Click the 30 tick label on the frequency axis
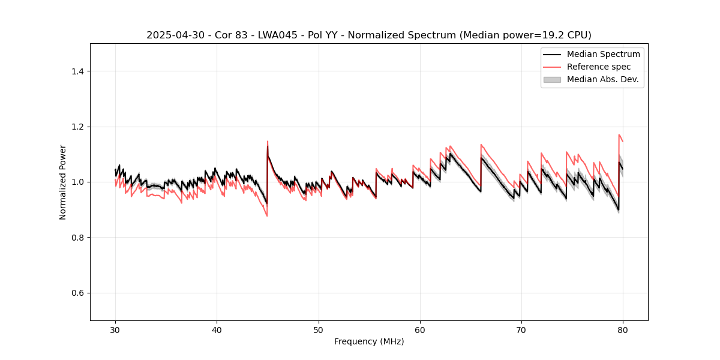(x=115, y=330)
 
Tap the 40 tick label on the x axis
(x=217, y=330)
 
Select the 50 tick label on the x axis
(x=318, y=330)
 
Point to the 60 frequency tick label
(x=420, y=330)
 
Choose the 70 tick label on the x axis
(x=521, y=330)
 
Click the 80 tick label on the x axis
(x=623, y=330)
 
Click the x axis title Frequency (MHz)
(x=369, y=341)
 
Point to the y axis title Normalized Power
(x=63, y=182)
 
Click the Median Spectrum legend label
(x=603, y=54)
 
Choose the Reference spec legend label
(x=599, y=67)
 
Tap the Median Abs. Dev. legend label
(x=602, y=79)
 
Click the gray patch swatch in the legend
(x=552, y=79)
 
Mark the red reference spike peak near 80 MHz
(x=619, y=135)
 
